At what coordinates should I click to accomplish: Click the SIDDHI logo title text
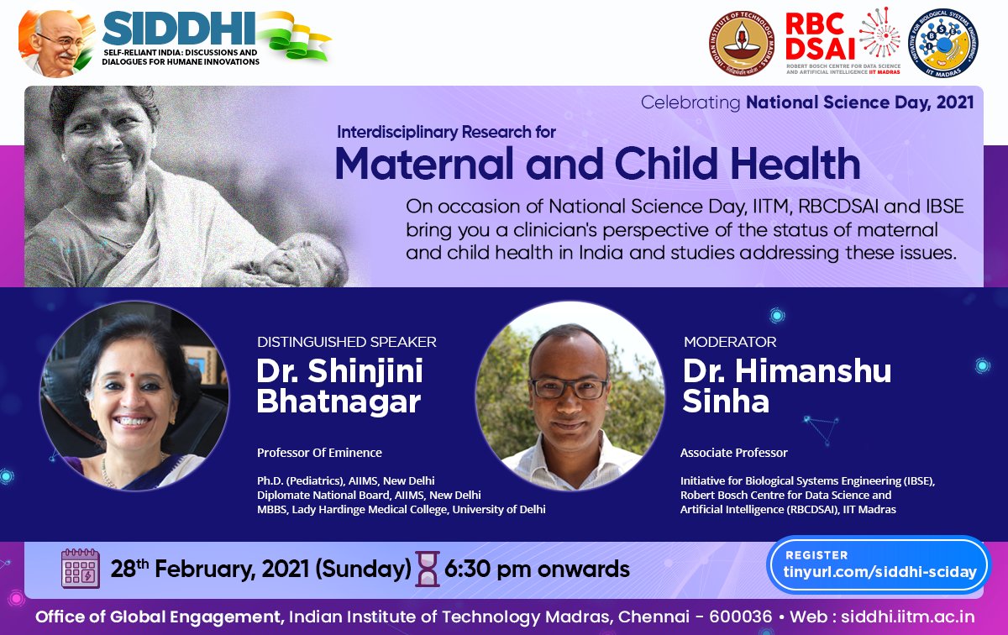[x=179, y=31]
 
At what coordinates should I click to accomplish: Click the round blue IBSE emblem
[x=942, y=43]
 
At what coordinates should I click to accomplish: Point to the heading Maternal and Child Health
[x=597, y=163]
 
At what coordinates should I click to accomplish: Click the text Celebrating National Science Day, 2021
[x=806, y=102]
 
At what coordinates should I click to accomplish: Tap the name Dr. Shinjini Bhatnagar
[x=339, y=386]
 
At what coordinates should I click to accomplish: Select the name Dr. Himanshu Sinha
[x=786, y=386]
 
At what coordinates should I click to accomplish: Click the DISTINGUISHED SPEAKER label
[x=346, y=342]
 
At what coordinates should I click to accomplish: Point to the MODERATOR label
[x=729, y=342]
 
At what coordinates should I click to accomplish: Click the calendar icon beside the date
[x=81, y=569]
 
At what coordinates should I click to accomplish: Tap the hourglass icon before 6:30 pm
[x=428, y=569]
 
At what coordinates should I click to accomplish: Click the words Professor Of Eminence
[x=319, y=453]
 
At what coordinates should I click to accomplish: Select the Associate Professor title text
[x=733, y=453]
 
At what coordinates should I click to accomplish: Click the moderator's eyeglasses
[x=569, y=389]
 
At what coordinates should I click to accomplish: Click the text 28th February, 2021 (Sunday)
[x=260, y=569]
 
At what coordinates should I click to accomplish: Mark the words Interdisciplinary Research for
[x=446, y=132]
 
